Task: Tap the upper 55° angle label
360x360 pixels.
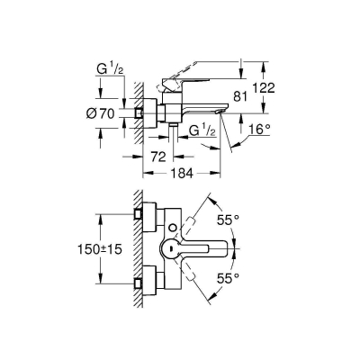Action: [230, 218]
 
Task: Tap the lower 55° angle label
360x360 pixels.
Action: [230, 281]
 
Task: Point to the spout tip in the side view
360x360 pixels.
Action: [225, 111]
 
